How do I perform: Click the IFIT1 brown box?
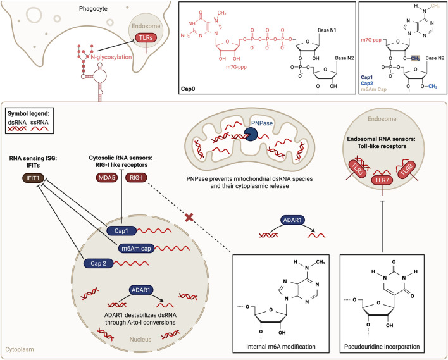tap(33, 178)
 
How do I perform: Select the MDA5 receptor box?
tap(107, 178)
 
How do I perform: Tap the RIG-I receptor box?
tap(136, 178)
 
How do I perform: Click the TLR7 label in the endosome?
tap(382, 180)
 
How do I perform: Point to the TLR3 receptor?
tap(358, 170)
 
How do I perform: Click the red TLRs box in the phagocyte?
tap(146, 38)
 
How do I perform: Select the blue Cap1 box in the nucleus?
tap(121, 230)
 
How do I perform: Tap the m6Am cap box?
tap(136, 248)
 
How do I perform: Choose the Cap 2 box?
tap(98, 263)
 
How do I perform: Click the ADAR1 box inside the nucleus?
tap(141, 290)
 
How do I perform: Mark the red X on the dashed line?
tap(189, 218)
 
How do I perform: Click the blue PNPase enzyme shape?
tap(251, 135)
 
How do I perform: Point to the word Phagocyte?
tap(93, 9)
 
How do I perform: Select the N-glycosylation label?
tap(111, 57)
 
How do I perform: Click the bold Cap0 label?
tap(188, 89)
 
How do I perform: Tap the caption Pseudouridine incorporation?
tap(382, 347)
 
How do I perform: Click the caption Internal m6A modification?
tap(281, 347)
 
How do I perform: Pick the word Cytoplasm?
tap(20, 349)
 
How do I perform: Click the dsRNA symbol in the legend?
tap(17, 128)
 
